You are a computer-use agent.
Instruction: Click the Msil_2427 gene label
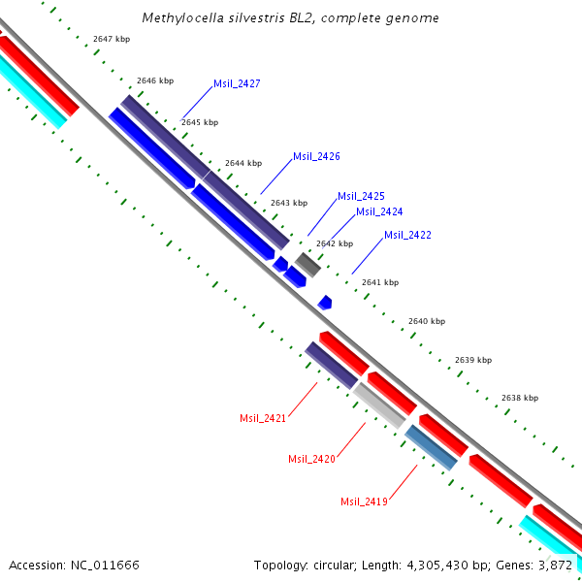point(237,84)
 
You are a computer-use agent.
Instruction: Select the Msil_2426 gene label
point(316,156)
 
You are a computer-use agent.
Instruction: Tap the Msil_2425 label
point(361,196)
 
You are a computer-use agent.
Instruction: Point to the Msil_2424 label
point(379,211)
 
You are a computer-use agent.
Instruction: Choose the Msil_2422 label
point(407,235)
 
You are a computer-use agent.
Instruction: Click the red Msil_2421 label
point(263,418)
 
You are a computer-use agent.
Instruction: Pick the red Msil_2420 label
point(311,459)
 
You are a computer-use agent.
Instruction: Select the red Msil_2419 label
point(364,501)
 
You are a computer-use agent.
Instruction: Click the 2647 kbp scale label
point(112,39)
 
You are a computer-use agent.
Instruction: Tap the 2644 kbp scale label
point(243,163)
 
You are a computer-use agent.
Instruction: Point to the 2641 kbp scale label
point(380,282)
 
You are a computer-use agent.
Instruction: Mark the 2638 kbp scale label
point(520,398)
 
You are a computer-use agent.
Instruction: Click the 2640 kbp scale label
point(427,321)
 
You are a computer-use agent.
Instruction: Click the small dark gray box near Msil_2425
point(308,264)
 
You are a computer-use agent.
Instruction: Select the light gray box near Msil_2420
point(379,405)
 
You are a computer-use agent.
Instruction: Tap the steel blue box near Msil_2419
point(432,448)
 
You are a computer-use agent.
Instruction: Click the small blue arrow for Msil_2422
point(325,303)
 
